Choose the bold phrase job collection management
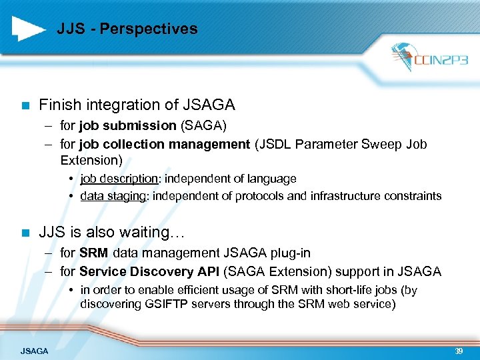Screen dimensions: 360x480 click(x=164, y=144)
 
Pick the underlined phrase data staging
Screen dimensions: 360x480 click(x=112, y=196)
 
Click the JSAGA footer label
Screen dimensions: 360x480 click(x=34, y=351)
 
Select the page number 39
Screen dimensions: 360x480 click(x=459, y=350)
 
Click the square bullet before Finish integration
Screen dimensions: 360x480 click(x=25, y=105)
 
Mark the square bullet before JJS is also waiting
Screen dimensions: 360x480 click(x=25, y=233)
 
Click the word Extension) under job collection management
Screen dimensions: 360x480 click(x=91, y=160)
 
